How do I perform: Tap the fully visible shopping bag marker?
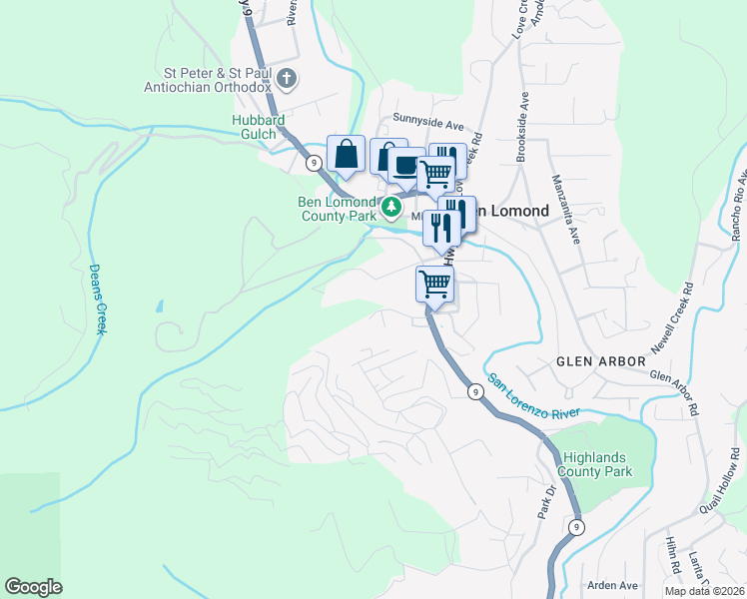pos(346,155)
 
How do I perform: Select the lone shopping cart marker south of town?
pos(434,284)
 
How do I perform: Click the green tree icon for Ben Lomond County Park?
pos(392,208)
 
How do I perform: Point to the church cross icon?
pos(287,79)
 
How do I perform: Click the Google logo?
pos(33,587)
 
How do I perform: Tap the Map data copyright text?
pos(704,591)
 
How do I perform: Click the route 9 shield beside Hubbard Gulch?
pos(314,162)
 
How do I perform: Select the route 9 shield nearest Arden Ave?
pos(575,526)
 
